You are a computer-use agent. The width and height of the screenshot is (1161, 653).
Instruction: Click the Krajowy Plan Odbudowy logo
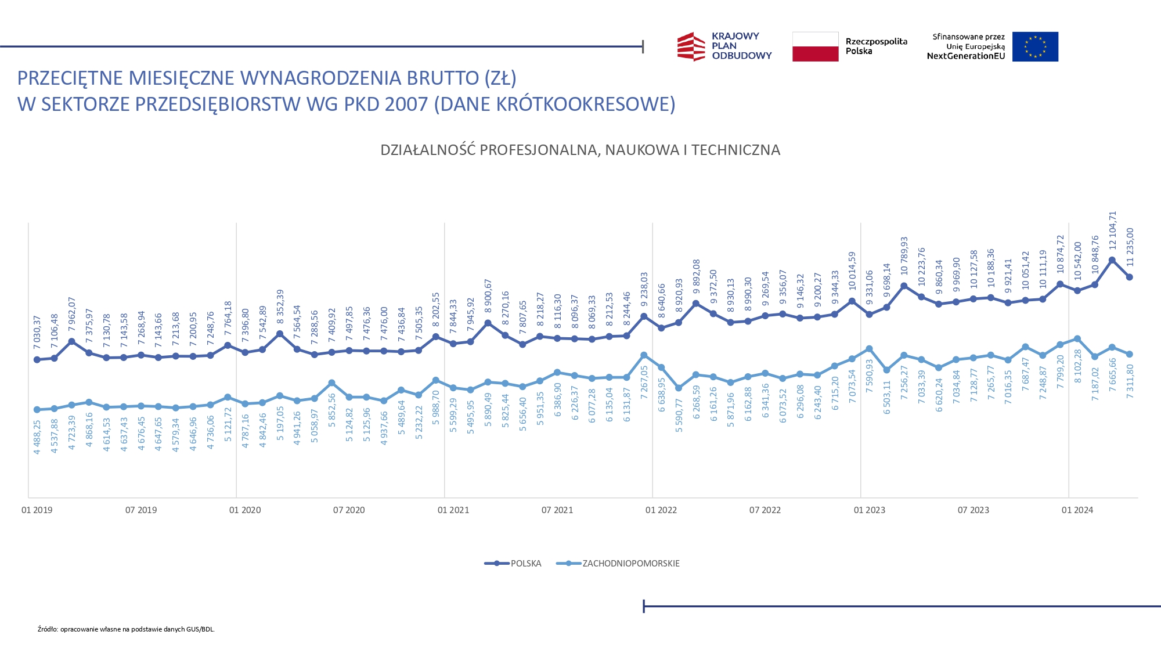pos(724,46)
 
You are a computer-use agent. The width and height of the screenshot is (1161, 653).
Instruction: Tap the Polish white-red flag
pos(815,46)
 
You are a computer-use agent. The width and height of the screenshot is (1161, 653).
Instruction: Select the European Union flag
pos(1035,46)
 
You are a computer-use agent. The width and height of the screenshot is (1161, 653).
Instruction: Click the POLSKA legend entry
pos(513,564)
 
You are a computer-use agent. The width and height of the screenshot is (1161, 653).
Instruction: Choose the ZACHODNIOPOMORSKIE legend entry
pos(618,564)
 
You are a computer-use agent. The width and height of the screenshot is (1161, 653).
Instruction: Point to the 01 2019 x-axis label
pos(37,510)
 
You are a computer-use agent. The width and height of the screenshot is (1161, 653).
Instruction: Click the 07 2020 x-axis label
pos(349,510)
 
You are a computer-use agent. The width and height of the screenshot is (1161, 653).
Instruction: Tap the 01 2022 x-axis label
pos(661,510)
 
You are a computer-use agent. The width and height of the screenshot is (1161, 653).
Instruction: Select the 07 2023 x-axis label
pos(973,510)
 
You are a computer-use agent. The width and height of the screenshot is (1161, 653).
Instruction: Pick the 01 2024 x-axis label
pos(1077,510)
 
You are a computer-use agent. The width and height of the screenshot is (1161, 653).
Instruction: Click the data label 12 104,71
pos(1112,230)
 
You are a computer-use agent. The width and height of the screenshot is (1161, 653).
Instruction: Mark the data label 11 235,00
pos(1130,247)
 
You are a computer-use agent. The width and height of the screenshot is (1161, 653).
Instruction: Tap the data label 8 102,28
pos(1078,366)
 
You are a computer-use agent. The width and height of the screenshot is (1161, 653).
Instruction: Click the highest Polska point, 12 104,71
pos(1112,261)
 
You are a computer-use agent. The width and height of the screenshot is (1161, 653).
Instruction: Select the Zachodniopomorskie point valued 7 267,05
pos(644,355)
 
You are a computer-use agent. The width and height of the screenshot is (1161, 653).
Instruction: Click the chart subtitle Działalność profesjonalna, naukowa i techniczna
pos(580,150)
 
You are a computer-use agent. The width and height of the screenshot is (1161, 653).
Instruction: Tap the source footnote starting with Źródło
pos(126,629)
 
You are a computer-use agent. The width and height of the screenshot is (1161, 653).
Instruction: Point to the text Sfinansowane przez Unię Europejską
pos(968,41)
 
